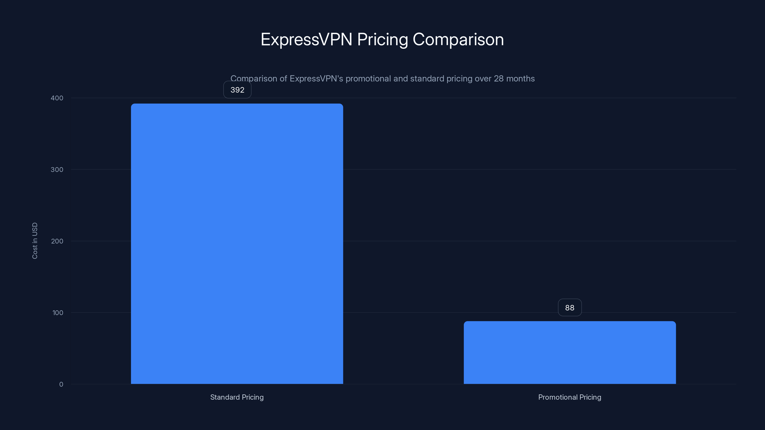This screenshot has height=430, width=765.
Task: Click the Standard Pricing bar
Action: [x=237, y=243]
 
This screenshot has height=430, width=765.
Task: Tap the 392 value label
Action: [x=237, y=90]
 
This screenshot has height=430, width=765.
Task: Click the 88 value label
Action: [x=570, y=307]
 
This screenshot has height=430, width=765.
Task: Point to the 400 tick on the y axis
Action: [x=57, y=98]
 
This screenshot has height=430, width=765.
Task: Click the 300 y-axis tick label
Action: [x=57, y=169]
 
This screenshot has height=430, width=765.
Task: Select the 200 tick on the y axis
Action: [x=57, y=241]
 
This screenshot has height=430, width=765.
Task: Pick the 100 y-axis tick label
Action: [x=58, y=312]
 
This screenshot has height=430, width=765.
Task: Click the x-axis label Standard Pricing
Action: [x=237, y=397]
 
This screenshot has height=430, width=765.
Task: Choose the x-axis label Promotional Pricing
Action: [x=570, y=397]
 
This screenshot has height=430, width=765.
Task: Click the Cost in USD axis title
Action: [x=35, y=241]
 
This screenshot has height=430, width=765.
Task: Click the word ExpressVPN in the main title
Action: [x=306, y=39]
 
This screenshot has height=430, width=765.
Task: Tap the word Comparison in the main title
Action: [x=458, y=39]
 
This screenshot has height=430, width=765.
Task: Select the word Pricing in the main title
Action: [x=382, y=39]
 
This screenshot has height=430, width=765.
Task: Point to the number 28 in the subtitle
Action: [x=499, y=79]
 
